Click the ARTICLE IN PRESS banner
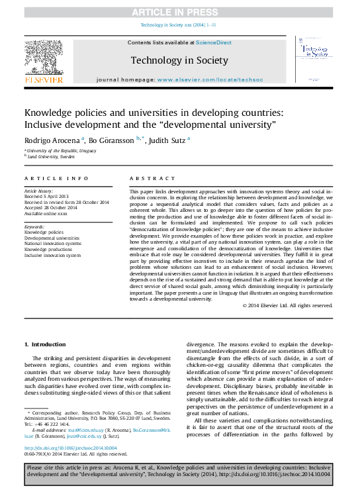(180, 13)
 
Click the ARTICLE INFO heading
(56, 179)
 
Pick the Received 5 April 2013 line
(46, 197)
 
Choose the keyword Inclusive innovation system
(53, 255)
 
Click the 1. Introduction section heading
(45, 344)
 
